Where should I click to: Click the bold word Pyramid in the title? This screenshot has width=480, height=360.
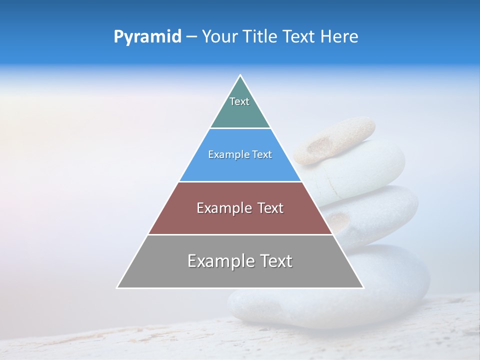coord(147,36)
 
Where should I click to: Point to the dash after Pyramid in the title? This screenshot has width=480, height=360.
coord(191,37)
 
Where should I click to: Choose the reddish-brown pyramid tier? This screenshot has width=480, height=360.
coord(240,220)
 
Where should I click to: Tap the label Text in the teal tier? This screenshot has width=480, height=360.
coord(239,101)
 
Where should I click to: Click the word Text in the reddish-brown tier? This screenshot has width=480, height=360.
coord(268,208)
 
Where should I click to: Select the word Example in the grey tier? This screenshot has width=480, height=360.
coord(220,261)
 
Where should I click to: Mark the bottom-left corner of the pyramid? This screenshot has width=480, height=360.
coord(117,287)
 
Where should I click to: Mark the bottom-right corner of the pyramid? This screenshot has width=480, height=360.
coord(363,287)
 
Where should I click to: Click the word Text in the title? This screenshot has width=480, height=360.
coord(300,36)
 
